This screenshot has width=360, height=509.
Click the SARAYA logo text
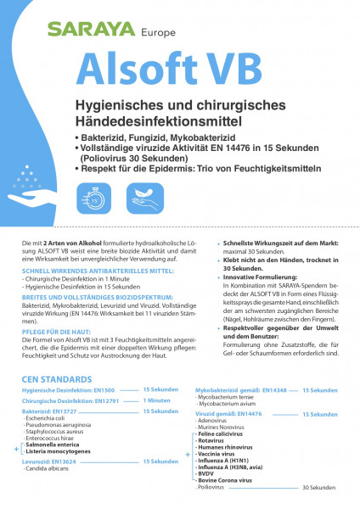(x=88, y=30)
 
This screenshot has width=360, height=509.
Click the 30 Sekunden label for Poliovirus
(x=319, y=488)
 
